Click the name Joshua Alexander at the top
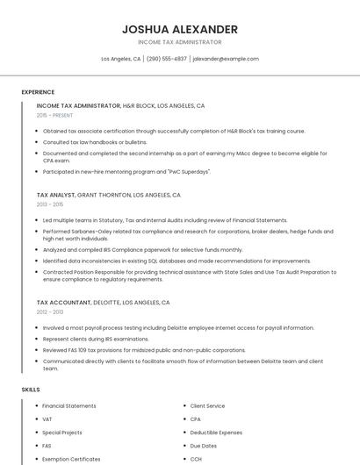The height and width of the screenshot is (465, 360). [180, 29]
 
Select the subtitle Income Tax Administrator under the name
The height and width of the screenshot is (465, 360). [180, 42]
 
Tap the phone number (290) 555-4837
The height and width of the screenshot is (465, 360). [166, 59]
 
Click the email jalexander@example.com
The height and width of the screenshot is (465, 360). [226, 59]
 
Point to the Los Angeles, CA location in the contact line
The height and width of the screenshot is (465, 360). [120, 59]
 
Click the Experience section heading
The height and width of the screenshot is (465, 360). [38, 92]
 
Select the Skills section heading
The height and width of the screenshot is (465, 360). [31, 389]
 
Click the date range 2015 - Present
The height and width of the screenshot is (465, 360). [54, 115]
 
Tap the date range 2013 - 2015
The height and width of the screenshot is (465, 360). [50, 204]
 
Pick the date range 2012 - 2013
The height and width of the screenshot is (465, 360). [50, 311]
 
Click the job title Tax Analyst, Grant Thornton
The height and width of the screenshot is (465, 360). [108, 195]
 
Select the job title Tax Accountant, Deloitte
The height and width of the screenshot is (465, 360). [103, 302]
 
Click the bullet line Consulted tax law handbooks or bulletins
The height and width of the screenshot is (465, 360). [95, 141]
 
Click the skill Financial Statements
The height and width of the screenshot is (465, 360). [69, 406]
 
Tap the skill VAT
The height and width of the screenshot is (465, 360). [47, 419]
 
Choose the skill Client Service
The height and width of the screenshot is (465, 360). [207, 406]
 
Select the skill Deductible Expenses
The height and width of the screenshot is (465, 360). [214, 433]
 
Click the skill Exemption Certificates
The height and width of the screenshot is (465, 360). [71, 459]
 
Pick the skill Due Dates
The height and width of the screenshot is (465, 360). [203, 446]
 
